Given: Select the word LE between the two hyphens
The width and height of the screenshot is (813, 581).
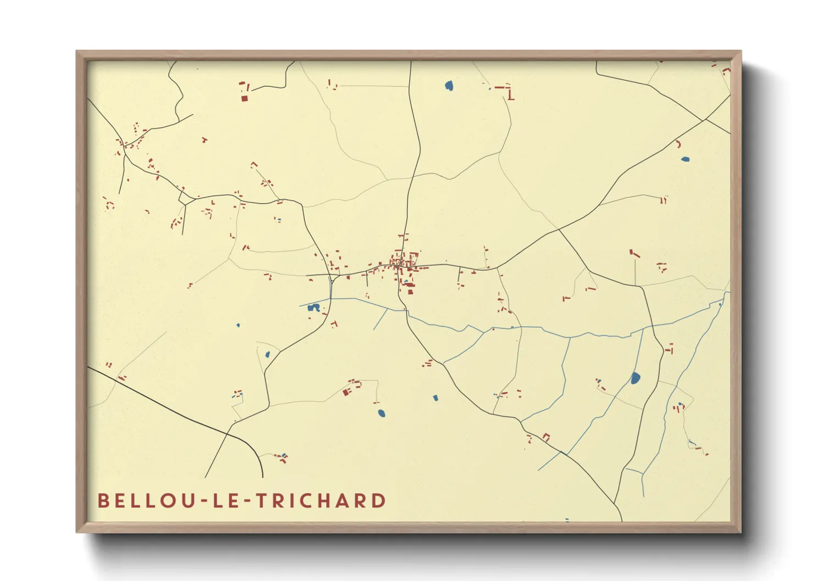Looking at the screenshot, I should [x=221, y=501].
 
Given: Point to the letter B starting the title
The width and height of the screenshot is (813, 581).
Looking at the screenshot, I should [x=103, y=501].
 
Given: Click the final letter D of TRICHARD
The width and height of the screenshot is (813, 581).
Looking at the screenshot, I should [x=378, y=501].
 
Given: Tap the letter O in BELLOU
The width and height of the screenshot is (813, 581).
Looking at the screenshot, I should [x=165, y=501].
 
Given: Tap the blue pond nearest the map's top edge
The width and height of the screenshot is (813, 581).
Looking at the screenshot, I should [x=449, y=86].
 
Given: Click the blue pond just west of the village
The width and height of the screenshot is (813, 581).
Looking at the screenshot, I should [x=314, y=308].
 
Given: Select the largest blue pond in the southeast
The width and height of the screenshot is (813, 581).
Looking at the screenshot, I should [x=635, y=378].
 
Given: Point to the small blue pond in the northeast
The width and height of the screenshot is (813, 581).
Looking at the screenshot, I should [x=684, y=160].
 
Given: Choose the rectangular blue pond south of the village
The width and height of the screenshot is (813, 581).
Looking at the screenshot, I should [x=436, y=398].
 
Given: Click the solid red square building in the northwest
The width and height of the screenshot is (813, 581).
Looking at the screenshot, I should [x=244, y=98].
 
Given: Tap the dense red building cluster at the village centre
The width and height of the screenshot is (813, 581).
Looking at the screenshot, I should [x=404, y=262].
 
